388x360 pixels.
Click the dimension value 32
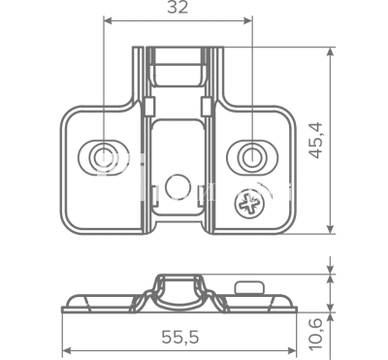click(x=178, y=8)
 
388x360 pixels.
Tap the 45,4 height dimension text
click(x=315, y=140)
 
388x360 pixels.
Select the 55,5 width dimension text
click(x=180, y=338)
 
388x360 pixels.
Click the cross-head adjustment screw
click(x=249, y=204)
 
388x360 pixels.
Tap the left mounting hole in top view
click(x=104, y=157)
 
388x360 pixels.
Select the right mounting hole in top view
click(x=252, y=157)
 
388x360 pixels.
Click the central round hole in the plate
click(x=178, y=187)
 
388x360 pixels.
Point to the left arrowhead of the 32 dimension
click(x=108, y=21)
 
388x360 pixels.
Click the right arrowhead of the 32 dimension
click(x=248, y=21)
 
